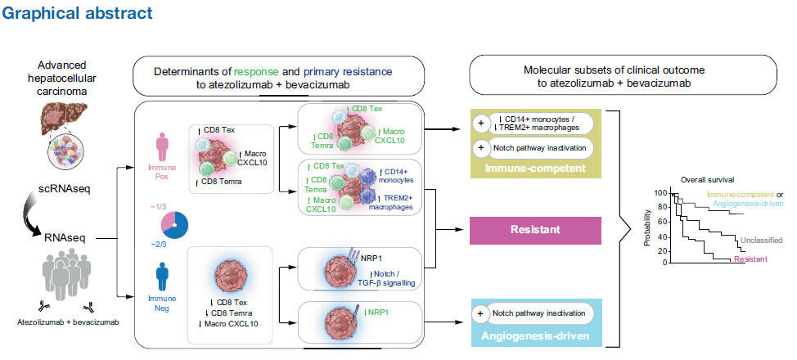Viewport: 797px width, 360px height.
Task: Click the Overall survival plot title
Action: [708, 178]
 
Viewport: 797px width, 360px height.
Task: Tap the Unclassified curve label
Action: [759, 240]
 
